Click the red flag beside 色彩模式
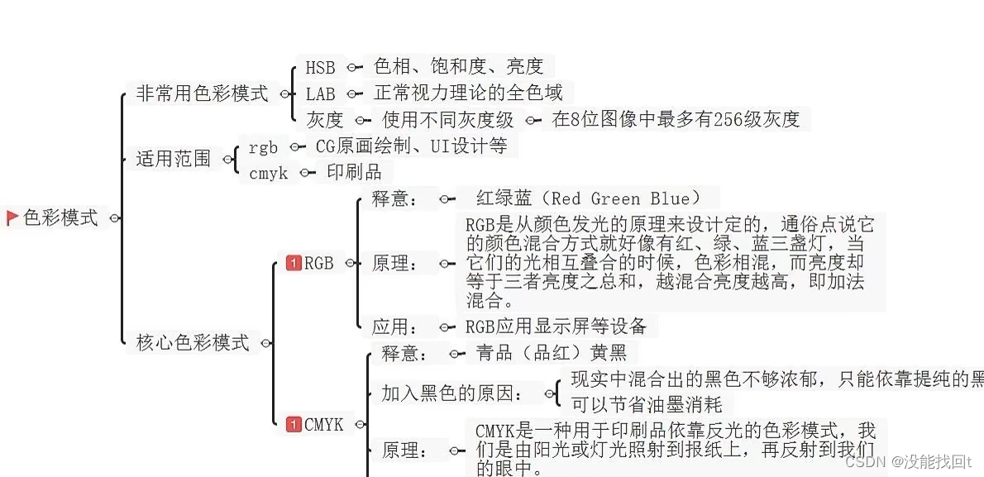[12, 218]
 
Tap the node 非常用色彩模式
[202, 93]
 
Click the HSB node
[320, 68]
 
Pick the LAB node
[320, 93]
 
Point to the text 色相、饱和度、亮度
[458, 66]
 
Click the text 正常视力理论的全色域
[468, 93]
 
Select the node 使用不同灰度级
[447, 120]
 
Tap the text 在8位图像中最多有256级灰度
[676, 119]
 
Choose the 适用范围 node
[174, 159]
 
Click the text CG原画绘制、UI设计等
[412, 146]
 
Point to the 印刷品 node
[354, 172]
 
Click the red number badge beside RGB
[293, 263]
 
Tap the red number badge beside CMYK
[294, 424]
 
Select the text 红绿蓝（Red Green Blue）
[588, 198]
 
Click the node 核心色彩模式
[193, 342]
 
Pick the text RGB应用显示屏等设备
[556, 326]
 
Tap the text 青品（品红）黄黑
[552, 353]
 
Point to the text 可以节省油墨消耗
[647, 404]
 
